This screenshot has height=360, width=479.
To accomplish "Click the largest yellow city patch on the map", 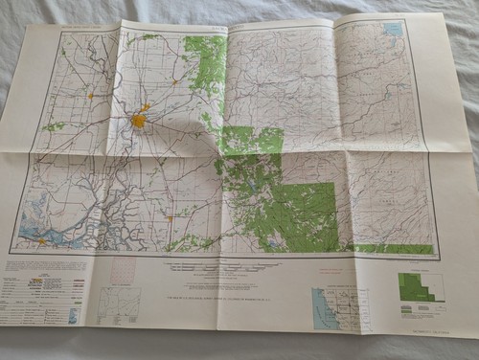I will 139,122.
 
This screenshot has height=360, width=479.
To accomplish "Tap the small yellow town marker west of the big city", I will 89,96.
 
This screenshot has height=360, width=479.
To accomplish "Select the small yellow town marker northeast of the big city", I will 173,83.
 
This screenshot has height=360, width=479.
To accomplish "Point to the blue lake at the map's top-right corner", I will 392,30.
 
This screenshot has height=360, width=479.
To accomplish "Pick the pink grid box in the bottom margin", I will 124,273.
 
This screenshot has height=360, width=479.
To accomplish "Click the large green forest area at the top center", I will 203,57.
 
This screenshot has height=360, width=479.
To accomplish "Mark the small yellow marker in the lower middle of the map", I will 171,218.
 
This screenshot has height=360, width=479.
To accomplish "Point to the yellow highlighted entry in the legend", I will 38,281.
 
